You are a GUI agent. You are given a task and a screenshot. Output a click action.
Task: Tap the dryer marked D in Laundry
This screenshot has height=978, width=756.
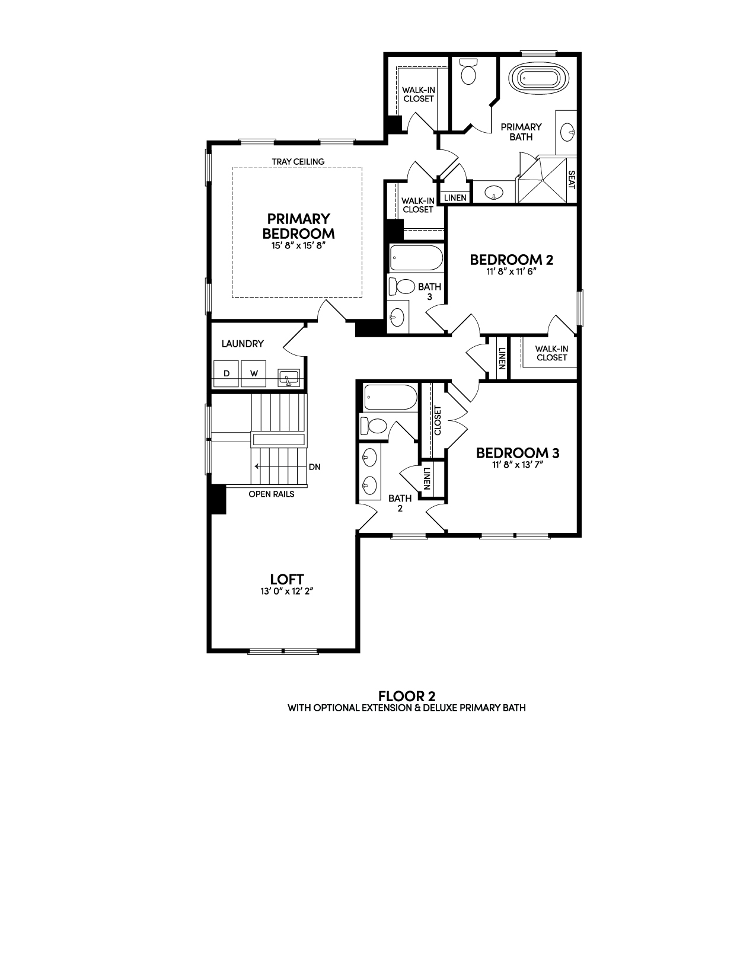pos(227,373)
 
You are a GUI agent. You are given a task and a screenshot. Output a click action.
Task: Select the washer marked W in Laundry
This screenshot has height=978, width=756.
pos(254,373)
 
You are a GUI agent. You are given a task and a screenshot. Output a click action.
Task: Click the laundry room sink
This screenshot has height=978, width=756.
pos(288,377)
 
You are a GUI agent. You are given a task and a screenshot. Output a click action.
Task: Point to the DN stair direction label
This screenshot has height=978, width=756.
pos(315,467)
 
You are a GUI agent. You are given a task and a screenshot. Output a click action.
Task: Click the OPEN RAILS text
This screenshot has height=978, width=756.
pos(272,494)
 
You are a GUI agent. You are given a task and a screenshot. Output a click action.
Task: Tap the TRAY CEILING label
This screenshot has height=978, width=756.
pos(298,162)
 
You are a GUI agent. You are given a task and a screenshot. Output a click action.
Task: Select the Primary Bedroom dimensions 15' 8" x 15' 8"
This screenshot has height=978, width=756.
pos(298,246)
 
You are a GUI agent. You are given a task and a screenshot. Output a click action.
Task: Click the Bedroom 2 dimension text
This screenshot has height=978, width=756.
pos(512,271)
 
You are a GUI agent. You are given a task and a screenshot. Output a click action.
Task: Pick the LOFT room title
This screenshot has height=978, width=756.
pos(287,579)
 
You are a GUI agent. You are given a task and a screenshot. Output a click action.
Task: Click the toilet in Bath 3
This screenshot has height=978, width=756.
pos(401,286)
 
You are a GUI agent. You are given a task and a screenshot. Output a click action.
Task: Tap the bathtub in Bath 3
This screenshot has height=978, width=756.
pos(416,258)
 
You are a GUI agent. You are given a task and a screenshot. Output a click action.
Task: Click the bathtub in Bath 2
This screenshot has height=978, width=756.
pos(390,397)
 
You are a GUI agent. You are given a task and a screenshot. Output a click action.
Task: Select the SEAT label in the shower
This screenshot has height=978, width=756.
pos(572,180)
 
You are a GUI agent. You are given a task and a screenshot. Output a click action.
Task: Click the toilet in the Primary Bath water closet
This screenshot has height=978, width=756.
pos(468,72)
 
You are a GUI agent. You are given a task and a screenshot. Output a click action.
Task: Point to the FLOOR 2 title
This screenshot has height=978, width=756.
pos(407,696)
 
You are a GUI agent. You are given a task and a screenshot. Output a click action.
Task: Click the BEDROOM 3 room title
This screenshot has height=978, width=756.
pos(518,453)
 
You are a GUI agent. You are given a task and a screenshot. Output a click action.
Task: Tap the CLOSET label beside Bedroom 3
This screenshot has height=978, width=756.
pos(438,420)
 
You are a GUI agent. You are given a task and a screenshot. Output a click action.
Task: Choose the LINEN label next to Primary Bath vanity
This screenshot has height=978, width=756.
pos(455,197)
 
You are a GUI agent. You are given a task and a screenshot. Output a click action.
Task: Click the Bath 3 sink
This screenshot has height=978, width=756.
pos(397,317)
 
